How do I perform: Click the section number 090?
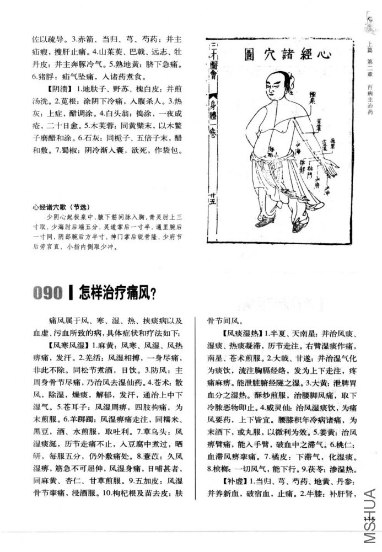48,293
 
